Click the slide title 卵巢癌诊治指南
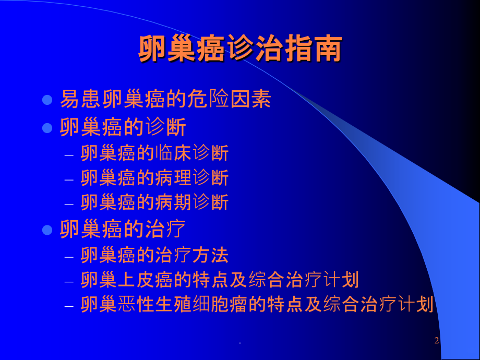[240, 50]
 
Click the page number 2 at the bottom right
[437, 341]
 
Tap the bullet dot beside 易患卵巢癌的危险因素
[47, 99]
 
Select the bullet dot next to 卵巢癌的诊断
[47, 128]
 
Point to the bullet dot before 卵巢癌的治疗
[47, 230]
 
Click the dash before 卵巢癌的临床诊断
[69, 154]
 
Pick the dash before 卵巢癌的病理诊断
[69, 179]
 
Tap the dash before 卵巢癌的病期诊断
[69, 203]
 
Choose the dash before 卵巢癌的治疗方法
[69, 256]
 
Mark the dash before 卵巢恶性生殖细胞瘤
[69, 305]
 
